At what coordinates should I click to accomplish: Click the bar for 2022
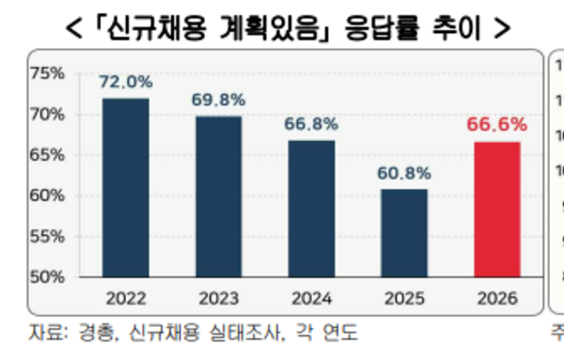tap(125, 188)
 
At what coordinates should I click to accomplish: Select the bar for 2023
tap(218, 196)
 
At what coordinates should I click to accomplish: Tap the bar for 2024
tap(311, 209)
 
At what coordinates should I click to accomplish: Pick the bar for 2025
tap(404, 233)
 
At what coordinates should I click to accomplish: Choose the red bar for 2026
tap(497, 210)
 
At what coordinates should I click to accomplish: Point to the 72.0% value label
tap(125, 83)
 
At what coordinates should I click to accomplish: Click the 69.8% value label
tap(218, 101)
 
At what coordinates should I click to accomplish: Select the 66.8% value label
tap(311, 125)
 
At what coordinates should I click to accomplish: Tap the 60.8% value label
tap(404, 173)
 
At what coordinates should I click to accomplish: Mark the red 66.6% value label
tap(497, 125)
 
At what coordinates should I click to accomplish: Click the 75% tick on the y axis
tap(47, 73)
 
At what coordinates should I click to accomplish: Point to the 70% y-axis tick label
tap(47, 115)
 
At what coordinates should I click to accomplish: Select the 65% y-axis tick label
tap(47, 155)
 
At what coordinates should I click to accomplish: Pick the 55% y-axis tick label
tap(47, 237)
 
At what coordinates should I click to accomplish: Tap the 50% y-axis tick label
tap(47, 277)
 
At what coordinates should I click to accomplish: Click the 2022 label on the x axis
tap(125, 299)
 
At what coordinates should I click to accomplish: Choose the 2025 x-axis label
tap(404, 299)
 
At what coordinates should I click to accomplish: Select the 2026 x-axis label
tap(497, 299)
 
